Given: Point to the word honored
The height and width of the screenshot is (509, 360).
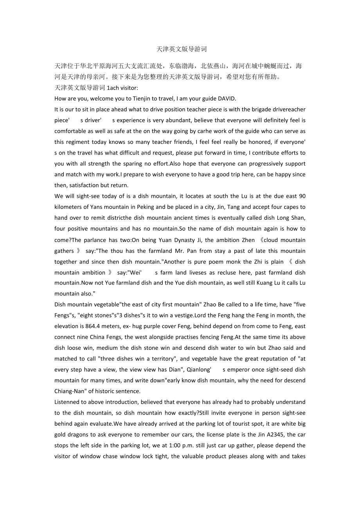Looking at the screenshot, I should point(272,142).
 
